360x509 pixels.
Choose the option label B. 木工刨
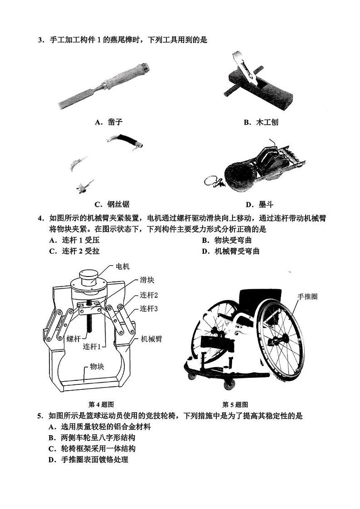(x=260, y=122)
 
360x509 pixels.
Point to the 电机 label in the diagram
(x=122, y=267)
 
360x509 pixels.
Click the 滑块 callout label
(x=147, y=281)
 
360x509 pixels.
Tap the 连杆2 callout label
(x=149, y=295)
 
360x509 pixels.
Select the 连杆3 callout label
(x=149, y=308)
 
